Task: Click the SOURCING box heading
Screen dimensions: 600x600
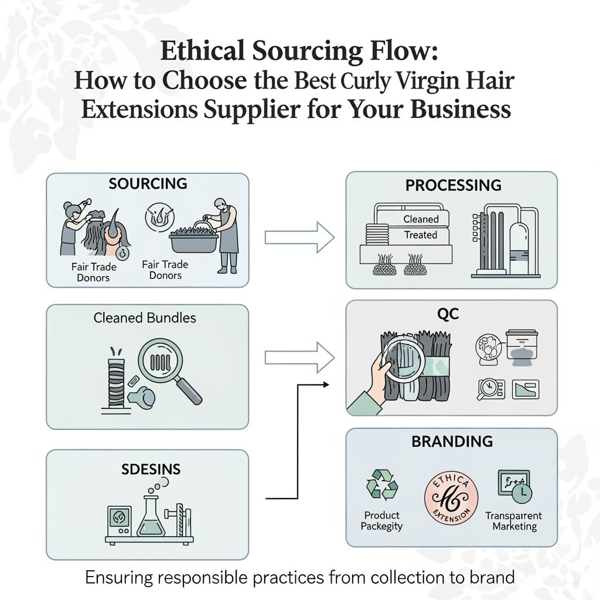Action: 148,183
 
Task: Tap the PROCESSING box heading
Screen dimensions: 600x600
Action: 454,185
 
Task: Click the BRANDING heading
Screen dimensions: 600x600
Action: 452,441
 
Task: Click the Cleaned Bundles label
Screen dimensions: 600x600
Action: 145,318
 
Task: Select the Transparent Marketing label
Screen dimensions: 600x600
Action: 514,521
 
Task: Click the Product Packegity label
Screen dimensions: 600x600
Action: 381,520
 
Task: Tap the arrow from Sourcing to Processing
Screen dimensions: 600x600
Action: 299,237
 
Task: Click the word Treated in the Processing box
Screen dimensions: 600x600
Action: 421,235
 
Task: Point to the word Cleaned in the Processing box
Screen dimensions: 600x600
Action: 421,219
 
